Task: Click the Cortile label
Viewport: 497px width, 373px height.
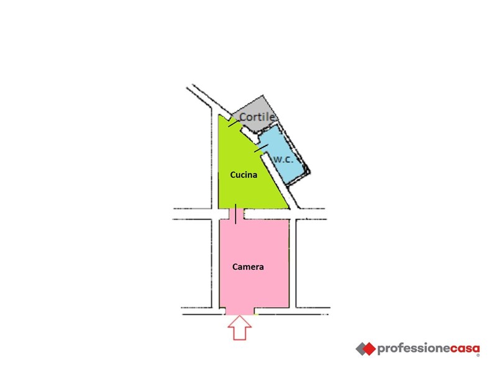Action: (x=257, y=117)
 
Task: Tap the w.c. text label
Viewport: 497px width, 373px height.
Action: (x=283, y=159)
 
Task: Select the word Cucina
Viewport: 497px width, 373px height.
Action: (x=244, y=175)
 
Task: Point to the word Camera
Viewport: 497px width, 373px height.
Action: (x=248, y=267)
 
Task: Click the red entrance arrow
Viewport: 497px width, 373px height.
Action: (x=240, y=328)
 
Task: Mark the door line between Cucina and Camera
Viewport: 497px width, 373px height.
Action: (x=235, y=214)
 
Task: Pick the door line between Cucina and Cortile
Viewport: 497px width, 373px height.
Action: (x=234, y=123)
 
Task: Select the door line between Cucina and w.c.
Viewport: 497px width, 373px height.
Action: (x=262, y=148)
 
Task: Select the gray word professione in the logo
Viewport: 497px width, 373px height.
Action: (x=413, y=349)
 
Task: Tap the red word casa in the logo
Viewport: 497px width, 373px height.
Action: (x=465, y=349)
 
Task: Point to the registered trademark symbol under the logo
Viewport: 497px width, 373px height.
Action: (x=478, y=356)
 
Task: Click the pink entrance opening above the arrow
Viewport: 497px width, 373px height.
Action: (x=240, y=311)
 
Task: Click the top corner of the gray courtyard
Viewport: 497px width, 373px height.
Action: (x=262, y=95)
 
